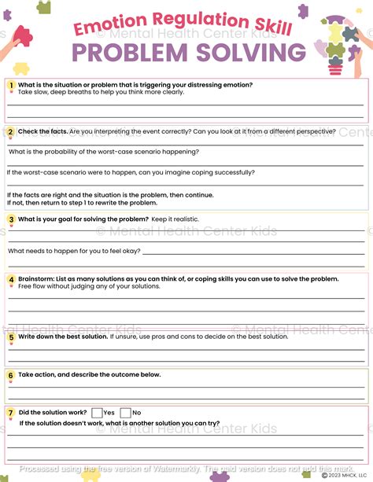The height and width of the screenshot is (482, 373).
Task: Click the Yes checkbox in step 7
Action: point(97,413)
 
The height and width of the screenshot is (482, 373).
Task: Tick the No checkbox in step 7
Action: point(125,413)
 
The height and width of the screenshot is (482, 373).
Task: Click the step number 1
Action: point(11,85)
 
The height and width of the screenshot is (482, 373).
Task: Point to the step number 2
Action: point(11,131)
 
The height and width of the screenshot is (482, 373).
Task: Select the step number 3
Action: point(11,219)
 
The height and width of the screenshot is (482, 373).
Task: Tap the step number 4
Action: point(11,279)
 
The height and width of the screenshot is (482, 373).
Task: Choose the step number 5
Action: point(11,337)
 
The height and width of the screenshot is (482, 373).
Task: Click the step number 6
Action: point(11,375)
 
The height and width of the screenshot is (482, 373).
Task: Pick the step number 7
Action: point(11,412)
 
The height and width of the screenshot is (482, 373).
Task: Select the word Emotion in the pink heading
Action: point(107,28)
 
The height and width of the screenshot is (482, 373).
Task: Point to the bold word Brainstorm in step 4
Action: point(39,279)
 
